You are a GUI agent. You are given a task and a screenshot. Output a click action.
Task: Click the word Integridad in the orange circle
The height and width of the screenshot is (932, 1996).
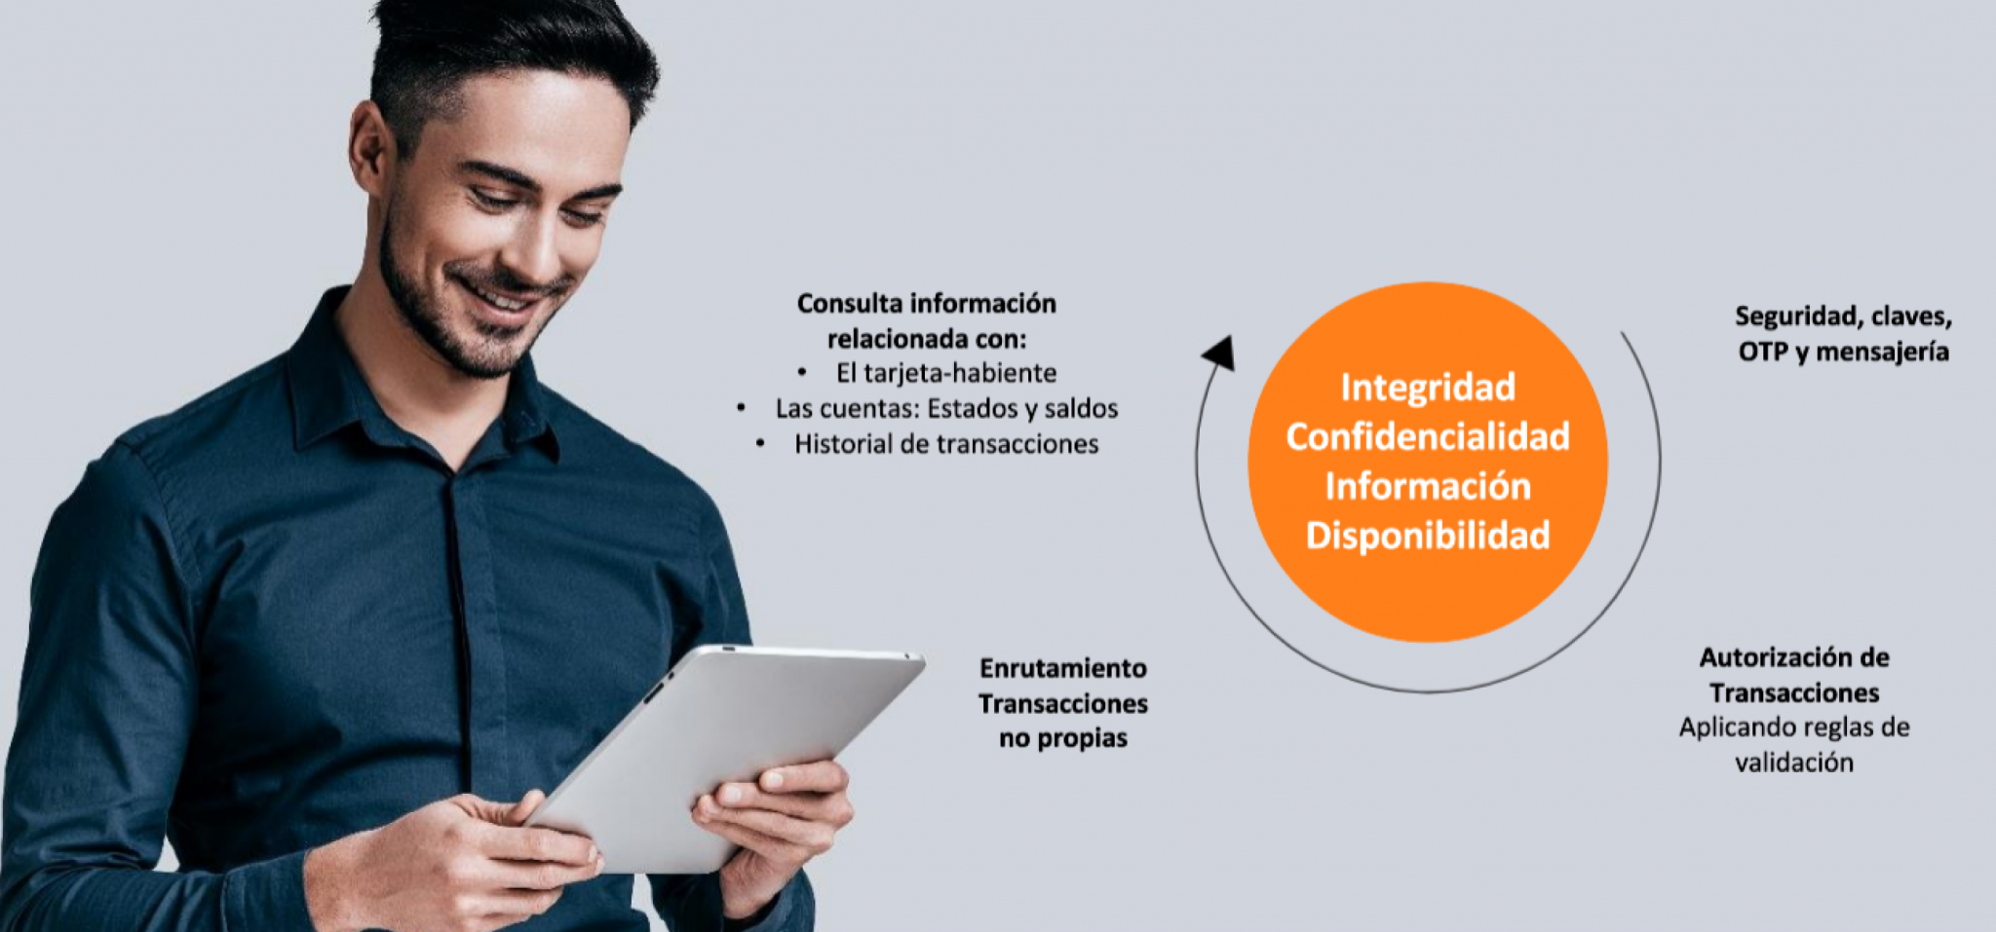(1428, 388)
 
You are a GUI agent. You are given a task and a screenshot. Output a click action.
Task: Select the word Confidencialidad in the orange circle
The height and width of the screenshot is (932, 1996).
(1428, 436)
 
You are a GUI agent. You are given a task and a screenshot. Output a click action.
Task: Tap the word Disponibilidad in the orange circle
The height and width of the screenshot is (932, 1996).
(1428, 535)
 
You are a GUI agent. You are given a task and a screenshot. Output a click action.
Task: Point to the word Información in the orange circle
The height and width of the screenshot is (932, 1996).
(1428, 486)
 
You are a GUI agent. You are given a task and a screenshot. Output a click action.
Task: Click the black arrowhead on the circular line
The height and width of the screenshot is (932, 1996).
(1219, 353)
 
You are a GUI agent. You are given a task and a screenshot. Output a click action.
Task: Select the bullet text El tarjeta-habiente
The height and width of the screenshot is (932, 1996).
(945, 373)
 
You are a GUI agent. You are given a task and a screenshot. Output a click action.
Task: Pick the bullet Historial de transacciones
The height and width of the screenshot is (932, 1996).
(946, 444)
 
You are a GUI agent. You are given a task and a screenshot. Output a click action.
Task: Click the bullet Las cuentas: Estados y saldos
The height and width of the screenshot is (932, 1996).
(946, 408)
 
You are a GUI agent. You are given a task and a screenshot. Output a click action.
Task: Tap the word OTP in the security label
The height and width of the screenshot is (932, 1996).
(1763, 351)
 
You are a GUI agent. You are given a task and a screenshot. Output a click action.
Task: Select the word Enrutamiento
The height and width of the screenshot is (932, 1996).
(1063, 668)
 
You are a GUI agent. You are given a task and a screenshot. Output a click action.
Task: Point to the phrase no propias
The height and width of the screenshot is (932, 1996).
(1063, 738)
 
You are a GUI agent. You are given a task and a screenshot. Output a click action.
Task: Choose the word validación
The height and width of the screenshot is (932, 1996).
(1794, 763)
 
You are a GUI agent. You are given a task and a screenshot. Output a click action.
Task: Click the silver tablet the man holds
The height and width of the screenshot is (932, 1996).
(726, 755)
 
